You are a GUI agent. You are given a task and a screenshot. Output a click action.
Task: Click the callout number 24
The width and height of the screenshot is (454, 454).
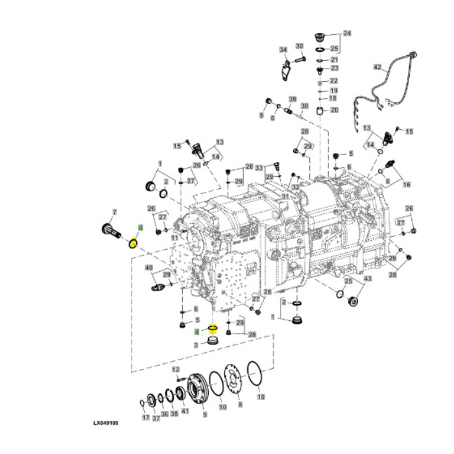347,33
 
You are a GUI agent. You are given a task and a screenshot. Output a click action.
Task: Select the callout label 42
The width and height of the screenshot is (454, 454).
377,66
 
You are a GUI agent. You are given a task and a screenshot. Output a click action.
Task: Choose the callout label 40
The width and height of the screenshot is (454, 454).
149,267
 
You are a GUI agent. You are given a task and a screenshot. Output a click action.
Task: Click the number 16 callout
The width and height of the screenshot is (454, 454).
407,185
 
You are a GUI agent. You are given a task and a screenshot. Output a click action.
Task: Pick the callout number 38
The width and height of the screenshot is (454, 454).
304,106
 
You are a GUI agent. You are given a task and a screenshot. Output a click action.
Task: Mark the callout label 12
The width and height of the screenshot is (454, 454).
174,369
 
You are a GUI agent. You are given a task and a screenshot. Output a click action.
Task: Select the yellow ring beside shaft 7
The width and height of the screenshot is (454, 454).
133,243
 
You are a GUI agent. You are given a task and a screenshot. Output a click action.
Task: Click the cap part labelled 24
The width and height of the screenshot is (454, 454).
319,35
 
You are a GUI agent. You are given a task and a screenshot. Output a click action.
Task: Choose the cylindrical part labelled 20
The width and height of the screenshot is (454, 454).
320,110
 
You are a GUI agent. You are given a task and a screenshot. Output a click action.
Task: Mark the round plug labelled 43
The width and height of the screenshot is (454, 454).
354,302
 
